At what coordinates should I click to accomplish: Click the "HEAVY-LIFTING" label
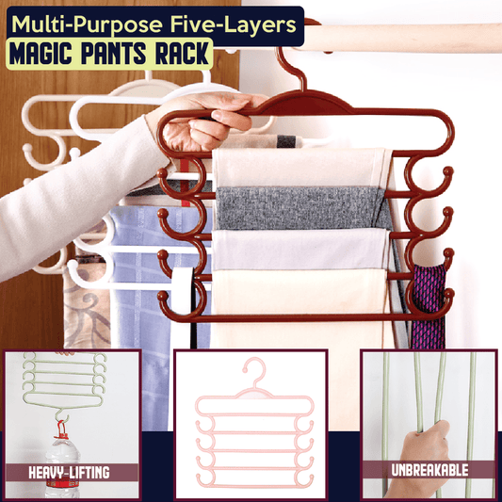(x=69, y=473)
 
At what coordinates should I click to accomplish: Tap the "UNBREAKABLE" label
(x=429, y=470)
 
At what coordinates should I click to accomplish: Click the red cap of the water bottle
(x=61, y=430)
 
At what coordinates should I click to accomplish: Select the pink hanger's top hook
(x=254, y=371)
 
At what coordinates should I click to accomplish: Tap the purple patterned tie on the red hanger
(x=428, y=306)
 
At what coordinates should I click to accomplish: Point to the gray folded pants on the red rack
(x=301, y=207)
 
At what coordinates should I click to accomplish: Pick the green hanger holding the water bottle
(x=64, y=381)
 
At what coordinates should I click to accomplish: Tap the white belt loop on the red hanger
(x=183, y=290)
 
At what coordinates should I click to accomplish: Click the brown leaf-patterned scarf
(x=87, y=307)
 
